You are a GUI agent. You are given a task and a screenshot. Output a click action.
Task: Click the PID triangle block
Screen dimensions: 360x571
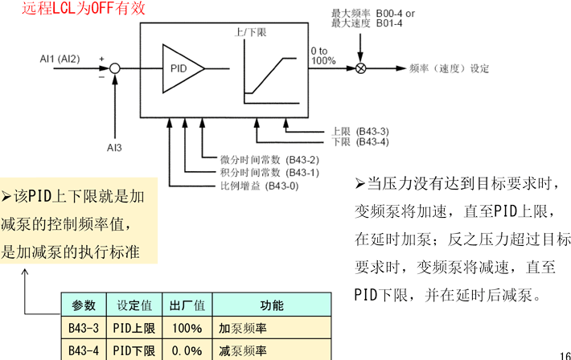[181, 68]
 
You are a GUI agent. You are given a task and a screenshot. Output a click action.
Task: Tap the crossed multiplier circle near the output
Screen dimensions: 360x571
[361, 68]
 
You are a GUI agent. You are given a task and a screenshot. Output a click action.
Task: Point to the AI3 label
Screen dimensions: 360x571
[115, 147]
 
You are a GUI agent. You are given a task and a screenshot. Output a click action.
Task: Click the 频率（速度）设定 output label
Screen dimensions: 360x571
[449, 68]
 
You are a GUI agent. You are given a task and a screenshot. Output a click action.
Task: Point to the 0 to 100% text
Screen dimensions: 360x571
[323, 56]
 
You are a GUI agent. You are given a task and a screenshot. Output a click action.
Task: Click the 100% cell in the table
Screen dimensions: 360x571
[187, 328]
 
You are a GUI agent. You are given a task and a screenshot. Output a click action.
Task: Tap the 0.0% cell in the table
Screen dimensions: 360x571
[187, 350]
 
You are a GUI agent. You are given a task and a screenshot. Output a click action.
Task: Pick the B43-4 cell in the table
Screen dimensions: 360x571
[84, 350]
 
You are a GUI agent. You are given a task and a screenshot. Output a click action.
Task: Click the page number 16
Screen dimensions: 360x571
[563, 354]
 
